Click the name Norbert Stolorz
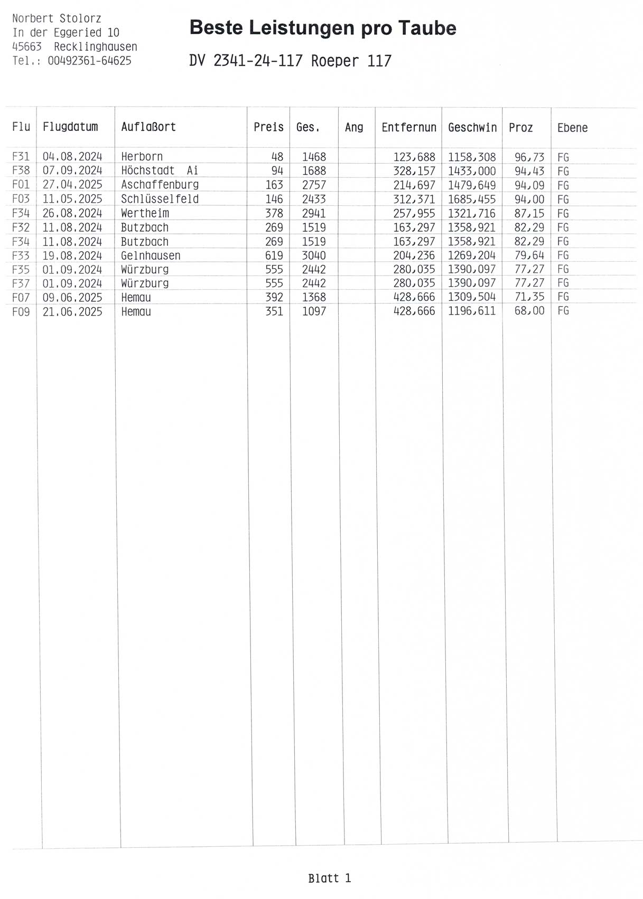pyautogui.click(x=57, y=18)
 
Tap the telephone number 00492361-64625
pyautogui.click(x=89, y=61)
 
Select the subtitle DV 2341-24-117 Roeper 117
pyautogui.click(x=290, y=61)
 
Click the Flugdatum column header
pyautogui.click(x=70, y=127)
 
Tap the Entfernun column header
pyautogui.click(x=409, y=128)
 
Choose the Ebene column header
pyautogui.click(x=572, y=128)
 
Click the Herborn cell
pyautogui.click(x=142, y=157)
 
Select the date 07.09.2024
pyautogui.click(x=72, y=171)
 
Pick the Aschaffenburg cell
pyautogui.click(x=160, y=185)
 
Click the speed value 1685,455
pyautogui.click(x=472, y=199)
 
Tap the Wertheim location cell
pyautogui.click(x=145, y=213)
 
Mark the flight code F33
pyautogui.click(x=21, y=255)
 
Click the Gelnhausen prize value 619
pyautogui.click(x=274, y=255)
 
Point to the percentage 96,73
pyautogui.click(x=529, y=157)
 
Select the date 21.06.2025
pyautogui.click(x=72, y=311)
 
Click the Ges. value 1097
pyautogui.click(x=314, y=311)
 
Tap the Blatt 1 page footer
pyautogui.click(x=330, y=878)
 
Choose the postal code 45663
pyautogui.click(x=27, y=46)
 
